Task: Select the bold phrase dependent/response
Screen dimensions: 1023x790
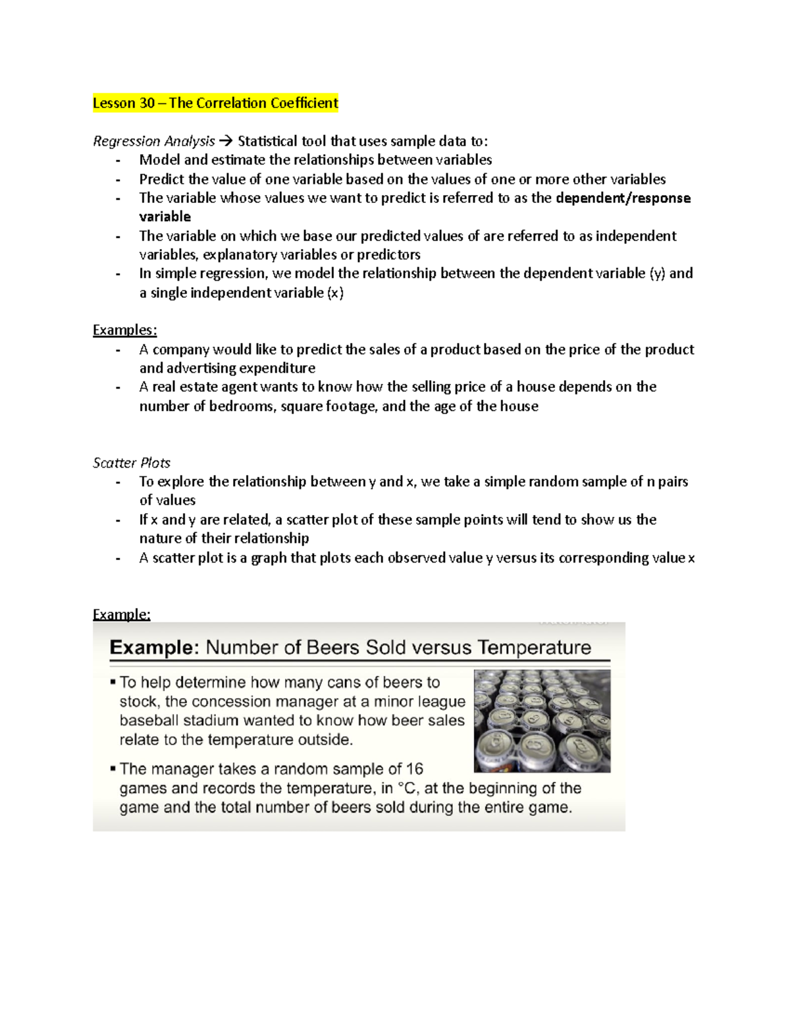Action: (623, 198)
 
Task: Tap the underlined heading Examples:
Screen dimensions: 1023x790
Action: (124, 330)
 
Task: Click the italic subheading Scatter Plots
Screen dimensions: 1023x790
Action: (132, 463)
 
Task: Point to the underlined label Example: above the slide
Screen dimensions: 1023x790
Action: (121, 615)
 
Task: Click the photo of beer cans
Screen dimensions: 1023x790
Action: (542, 721)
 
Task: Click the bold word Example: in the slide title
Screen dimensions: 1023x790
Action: (153, 648)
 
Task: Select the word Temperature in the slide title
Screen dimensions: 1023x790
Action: (535, 648)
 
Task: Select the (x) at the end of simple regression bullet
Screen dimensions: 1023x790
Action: (335, 293)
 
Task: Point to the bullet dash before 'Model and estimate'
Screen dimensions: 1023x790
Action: (118, 160)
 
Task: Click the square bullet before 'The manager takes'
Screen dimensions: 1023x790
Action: (113, 767)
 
